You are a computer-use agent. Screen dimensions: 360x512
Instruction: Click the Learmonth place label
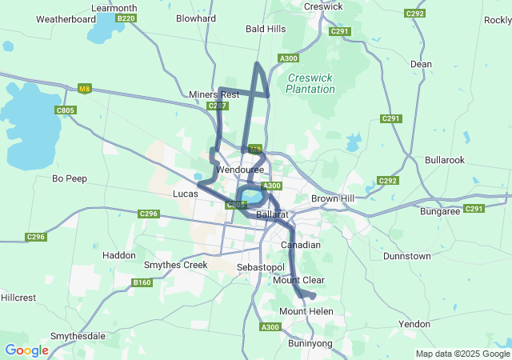(114, 8)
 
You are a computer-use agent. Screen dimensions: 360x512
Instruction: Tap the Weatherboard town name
(66, 18)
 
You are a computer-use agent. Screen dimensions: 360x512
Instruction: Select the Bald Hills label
(266, 29)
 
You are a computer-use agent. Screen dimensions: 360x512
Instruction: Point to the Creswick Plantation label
(310, 83)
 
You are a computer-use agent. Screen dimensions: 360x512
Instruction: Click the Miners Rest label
(214, 94)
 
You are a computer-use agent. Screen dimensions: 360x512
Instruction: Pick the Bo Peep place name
(69, 178)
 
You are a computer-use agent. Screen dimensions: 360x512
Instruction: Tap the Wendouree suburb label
(240, 170)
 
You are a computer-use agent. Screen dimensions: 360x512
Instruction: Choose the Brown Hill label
(332, 198)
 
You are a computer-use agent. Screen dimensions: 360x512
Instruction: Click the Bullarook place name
(445, 160)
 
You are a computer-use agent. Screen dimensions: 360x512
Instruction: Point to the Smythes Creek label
(175, 265)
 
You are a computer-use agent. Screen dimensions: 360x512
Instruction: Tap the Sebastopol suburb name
(261, 266)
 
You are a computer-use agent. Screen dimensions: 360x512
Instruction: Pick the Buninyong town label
(310, 342)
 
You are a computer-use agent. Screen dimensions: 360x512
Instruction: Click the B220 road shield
(126, 18)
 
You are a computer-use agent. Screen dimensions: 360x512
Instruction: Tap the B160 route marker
(142, 282)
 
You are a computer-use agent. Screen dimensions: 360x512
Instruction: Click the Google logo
(26, 350)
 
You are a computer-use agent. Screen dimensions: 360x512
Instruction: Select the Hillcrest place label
(18, 297)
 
